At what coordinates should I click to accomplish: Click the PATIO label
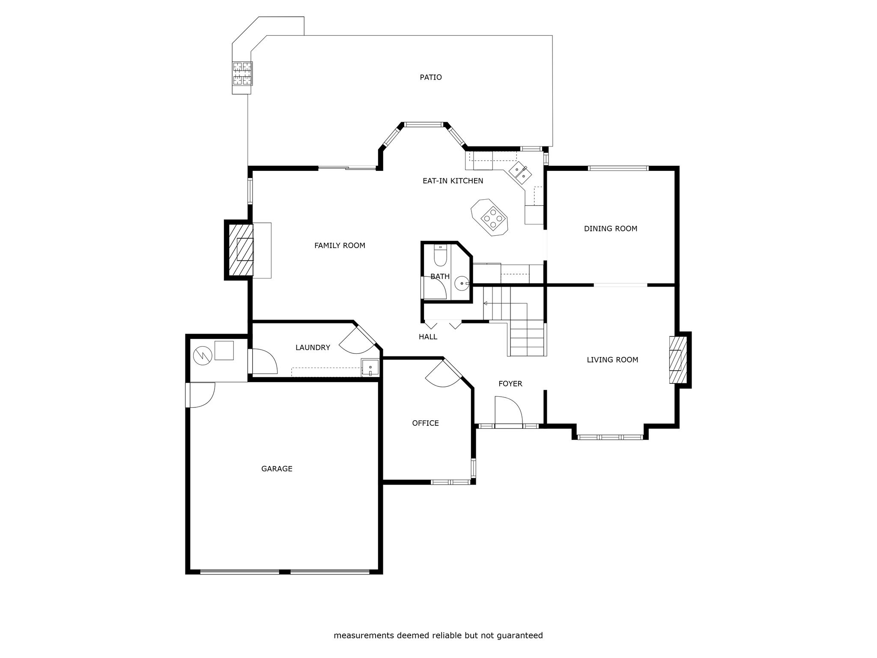click(430, 78)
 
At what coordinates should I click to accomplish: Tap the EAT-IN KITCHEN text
click(453, 181)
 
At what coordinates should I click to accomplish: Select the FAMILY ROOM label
click(340, 245)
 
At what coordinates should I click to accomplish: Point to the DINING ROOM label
click(611, 229)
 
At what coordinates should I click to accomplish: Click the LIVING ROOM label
click(612, 360)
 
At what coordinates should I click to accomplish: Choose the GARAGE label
click(277, 469)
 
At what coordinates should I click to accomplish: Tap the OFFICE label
click(425, 423)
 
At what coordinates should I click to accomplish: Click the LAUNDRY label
click(313, 347)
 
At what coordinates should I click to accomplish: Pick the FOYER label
click(510, 384)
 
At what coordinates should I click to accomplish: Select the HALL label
click(428, 337)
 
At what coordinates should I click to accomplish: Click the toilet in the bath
click(440, 255)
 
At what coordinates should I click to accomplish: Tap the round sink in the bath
click(461, 283)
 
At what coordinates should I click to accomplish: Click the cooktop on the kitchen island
click(491, 217)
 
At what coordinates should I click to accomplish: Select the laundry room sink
click(370, 368)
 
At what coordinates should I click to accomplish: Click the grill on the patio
click(242, 73)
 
